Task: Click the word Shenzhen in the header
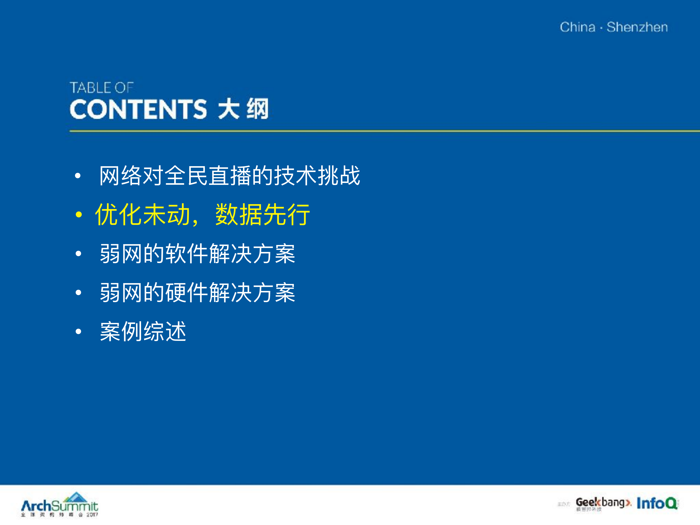tap(637, 27)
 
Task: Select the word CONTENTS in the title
tap(138, 109)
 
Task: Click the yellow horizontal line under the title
tap(380, 131)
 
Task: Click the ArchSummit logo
tap(59, 505)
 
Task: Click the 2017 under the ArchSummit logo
tap(92, 515)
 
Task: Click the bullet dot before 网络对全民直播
tap(78, 176)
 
